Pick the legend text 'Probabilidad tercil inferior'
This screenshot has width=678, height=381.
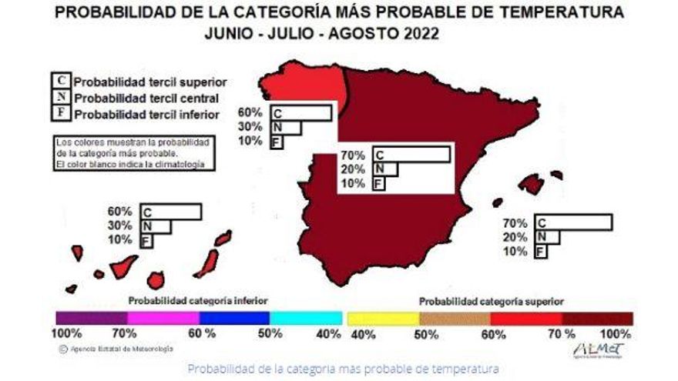147,115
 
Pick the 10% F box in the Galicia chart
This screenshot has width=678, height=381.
276,142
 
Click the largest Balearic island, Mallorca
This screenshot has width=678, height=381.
531,184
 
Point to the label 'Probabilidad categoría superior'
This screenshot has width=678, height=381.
490,301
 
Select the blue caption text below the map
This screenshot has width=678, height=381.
344,368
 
